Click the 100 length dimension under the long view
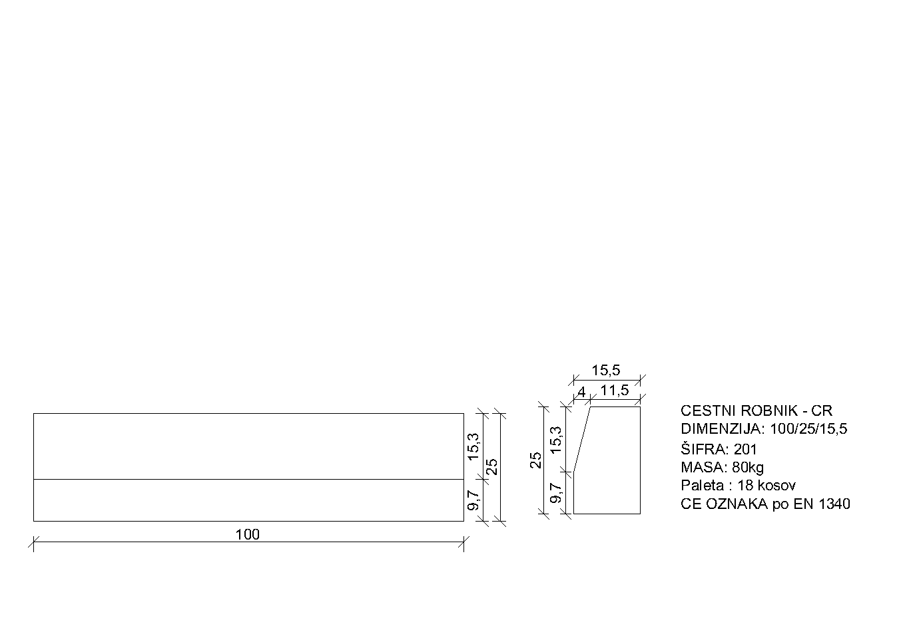(x=247, y=534)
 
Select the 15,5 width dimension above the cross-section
(x=605, y=371)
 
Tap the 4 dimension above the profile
(x=581, y=393)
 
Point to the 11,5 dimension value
(x=614, y=391)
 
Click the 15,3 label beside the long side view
(x=474, y=446)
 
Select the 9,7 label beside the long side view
(x=474, y=500)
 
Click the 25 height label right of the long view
(x=493, y=466)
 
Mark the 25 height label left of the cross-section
(x=535, y=460)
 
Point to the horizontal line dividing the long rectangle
(x=248, y=479)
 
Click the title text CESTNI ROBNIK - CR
(x=756, y=411)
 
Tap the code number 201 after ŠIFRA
(x=745, y=449)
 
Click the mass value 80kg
(x=747, y=467)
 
